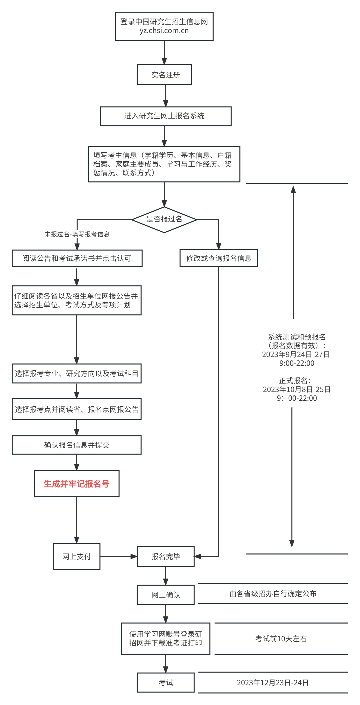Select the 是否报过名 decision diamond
coord(164,219)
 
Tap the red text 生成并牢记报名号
coord(77,484)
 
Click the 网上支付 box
coord(76,556)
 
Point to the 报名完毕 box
coord(165,556)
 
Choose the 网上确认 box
coord(165,595)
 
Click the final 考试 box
coord(165,682)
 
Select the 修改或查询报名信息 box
coord(219,258)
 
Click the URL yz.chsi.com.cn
coord(164,31)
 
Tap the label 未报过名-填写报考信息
coord(77,234)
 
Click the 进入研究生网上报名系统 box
coord(165,116)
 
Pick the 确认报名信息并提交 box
coord(77,445)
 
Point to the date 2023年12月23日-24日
coord(273,683)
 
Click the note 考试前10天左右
coord(281,639)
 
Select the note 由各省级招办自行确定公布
coord(273,594)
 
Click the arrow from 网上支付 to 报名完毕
coord(118,556)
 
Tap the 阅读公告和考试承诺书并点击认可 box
coord(77,258)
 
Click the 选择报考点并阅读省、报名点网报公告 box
coord(77,409)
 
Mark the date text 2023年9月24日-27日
coord(296,354)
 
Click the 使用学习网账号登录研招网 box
coord(165,638)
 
